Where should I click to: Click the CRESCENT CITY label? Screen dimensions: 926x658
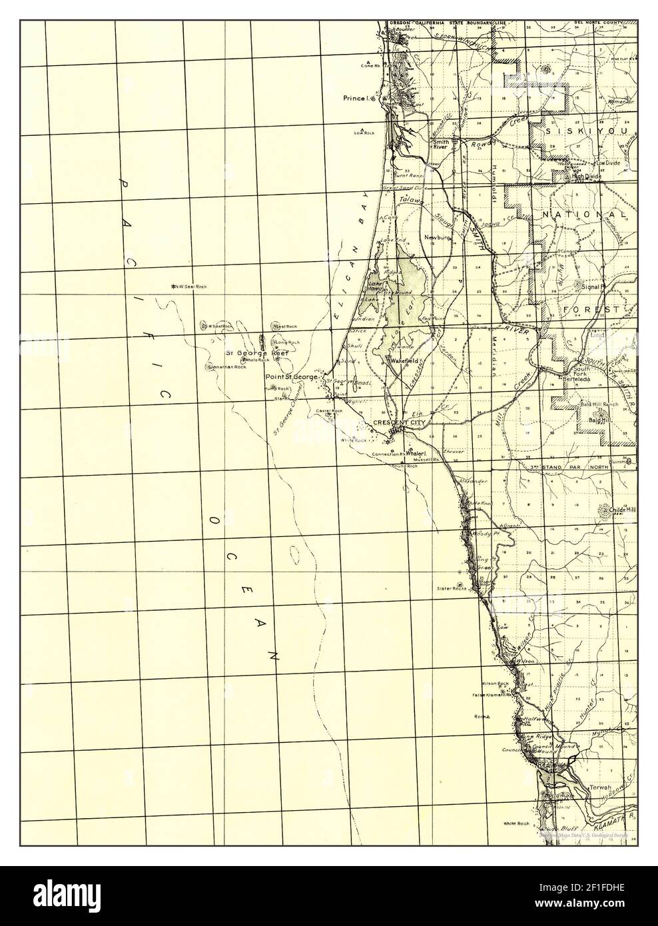399,422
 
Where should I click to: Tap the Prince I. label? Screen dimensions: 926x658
355,99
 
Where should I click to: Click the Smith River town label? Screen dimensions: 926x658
441,145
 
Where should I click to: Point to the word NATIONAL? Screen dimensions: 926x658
583,215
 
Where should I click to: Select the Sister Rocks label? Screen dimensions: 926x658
450,588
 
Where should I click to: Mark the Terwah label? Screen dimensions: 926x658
598,787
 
